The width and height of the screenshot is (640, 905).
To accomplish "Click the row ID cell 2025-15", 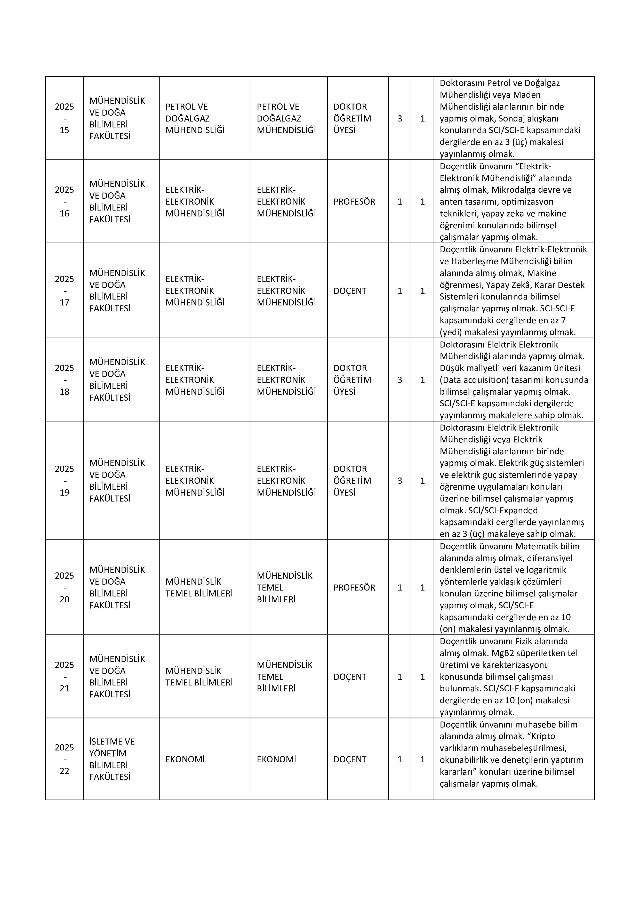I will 64,118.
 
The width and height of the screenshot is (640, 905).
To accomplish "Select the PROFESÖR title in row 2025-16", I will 354,202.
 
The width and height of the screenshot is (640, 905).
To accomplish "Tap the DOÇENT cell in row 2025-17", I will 350,291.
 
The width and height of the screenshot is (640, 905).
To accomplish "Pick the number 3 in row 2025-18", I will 399,380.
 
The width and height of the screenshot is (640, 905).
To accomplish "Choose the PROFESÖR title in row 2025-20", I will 354,587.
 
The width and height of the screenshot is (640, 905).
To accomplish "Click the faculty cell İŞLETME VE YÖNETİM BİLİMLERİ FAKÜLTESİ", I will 112,759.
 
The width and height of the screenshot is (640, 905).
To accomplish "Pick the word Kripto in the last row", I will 543,736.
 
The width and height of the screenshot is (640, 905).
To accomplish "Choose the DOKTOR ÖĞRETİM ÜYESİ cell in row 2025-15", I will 352,118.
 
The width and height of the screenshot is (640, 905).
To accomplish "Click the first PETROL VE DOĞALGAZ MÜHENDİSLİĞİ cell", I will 195,118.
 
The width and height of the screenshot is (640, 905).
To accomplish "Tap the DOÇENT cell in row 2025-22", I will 350,759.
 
